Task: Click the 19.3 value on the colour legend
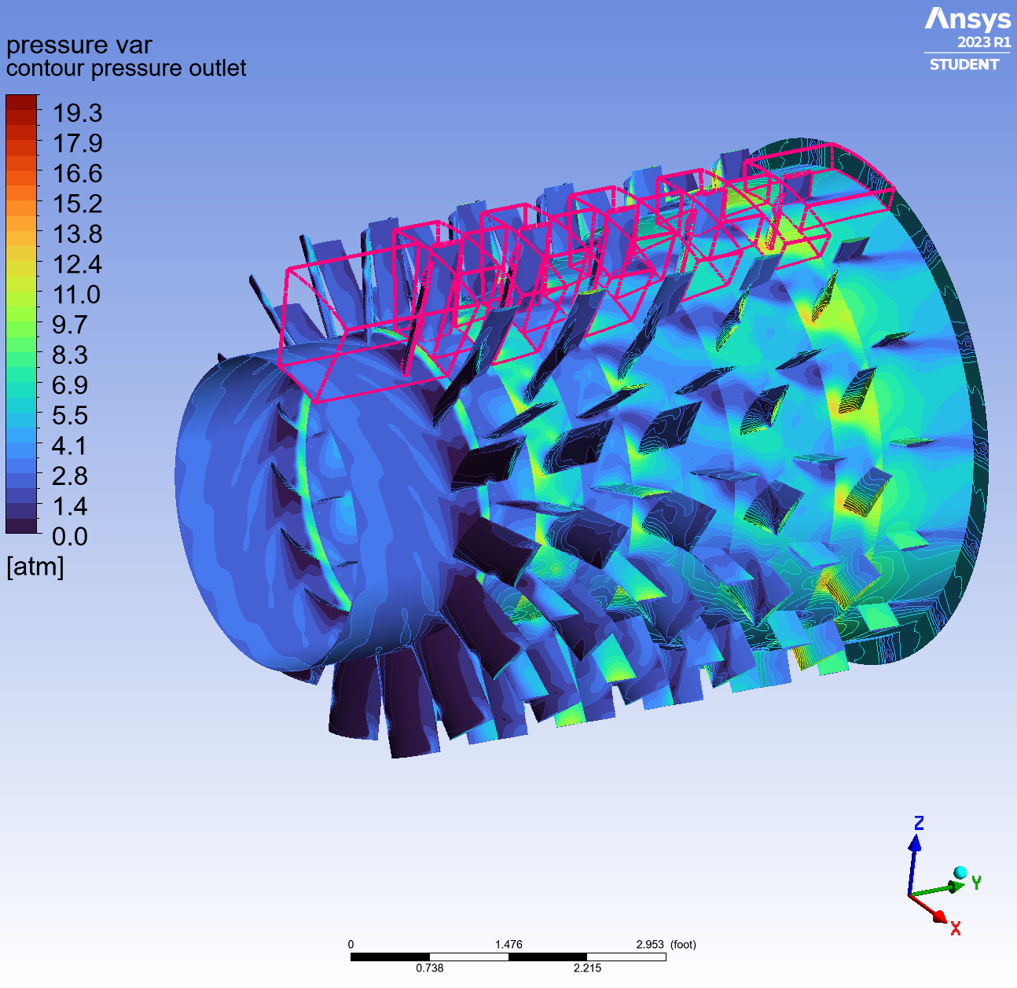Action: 77,113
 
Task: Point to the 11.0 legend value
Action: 77,295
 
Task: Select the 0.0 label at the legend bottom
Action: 69,537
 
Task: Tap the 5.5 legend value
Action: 69,416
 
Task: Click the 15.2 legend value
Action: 77,204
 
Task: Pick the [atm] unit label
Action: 35,567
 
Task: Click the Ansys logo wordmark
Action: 967,20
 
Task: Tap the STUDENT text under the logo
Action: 964,64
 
